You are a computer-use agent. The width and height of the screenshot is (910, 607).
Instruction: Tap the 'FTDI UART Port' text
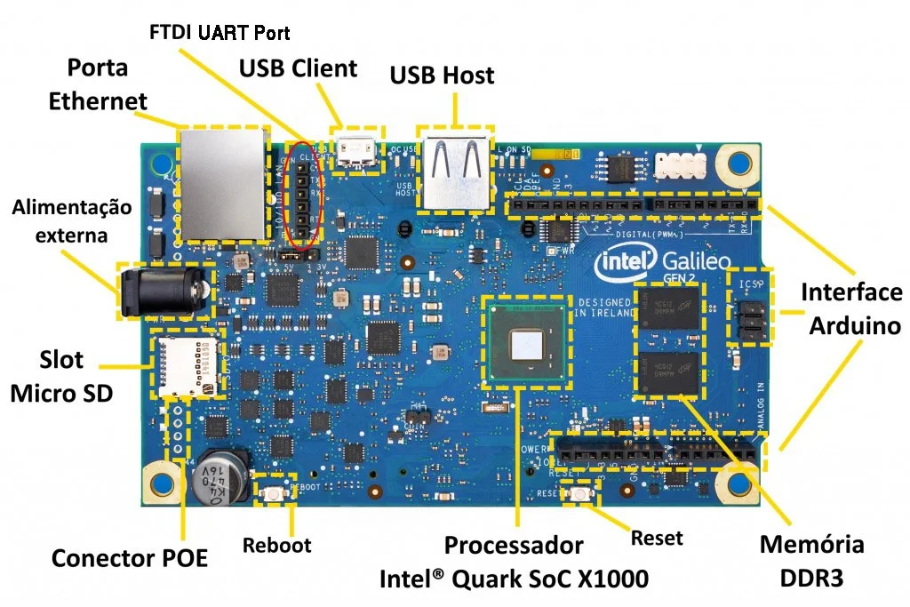pyautogui.click(x=220, y=32)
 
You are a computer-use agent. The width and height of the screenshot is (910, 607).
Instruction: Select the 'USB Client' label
pyautogui.click(x=298, y=68)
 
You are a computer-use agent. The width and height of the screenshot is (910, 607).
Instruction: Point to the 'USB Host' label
pyautogui.click(x=442, y=75)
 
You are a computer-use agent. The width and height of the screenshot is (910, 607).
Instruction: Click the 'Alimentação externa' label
pyautogui.click(x=71, y=221)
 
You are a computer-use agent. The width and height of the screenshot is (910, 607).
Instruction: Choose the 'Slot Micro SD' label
pyautogui.click(x=61, y=375)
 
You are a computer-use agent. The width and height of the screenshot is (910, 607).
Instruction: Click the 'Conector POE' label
pyautogui.click(x=129, y=558)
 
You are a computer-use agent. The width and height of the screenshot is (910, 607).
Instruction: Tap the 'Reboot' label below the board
pyautogui.click(x=276, y=544)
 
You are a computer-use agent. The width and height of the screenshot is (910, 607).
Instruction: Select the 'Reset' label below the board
pyautogui.click(x=656, y=537)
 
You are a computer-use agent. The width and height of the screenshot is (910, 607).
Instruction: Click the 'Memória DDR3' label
pyautogui.click(x=811, y=561)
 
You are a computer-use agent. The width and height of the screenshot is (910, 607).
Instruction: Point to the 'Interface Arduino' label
pyautogui.click(x=850, y=308)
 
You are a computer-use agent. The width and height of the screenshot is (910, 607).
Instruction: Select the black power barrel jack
pyautogui.click(x=164, y=292)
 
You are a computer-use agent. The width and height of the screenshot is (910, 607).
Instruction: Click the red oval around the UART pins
pyautogui.click(x=303, y=195)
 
